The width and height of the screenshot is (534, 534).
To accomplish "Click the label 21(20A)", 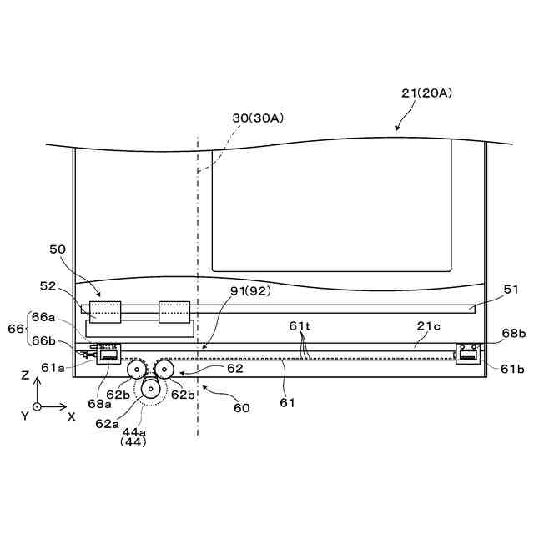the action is point(426,93).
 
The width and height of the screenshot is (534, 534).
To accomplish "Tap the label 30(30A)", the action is point(258,118).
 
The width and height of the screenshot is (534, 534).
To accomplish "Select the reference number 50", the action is point(58,249).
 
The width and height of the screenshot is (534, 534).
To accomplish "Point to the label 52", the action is point(48,286).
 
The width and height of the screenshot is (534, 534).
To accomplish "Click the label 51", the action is point(511,290).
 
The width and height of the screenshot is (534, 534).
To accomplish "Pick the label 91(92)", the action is point(250,291).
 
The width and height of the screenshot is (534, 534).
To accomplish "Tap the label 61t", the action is point(300,326).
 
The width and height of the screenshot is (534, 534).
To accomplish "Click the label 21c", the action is point(428,326).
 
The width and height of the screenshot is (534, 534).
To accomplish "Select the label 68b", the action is point(514,333).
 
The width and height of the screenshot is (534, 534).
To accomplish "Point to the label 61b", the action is point(512,369).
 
